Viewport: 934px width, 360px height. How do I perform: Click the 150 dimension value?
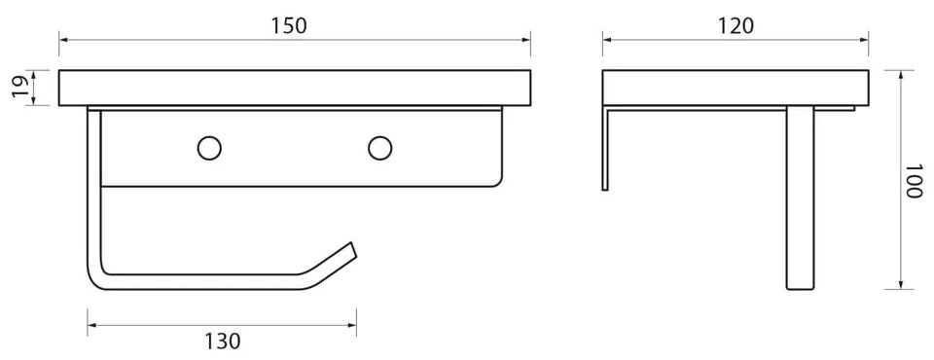[290, 25]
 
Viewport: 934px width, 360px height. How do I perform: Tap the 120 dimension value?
[736, 25]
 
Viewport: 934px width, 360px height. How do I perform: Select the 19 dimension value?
[20, 88]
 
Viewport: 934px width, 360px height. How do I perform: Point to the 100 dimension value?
[914, 179]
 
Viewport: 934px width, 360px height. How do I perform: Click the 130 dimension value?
[223, 342]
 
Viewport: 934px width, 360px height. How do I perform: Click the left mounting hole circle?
[209, 148]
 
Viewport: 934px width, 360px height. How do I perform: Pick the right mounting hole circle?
[380, 148]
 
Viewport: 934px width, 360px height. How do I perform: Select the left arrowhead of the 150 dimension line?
[63, 40]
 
